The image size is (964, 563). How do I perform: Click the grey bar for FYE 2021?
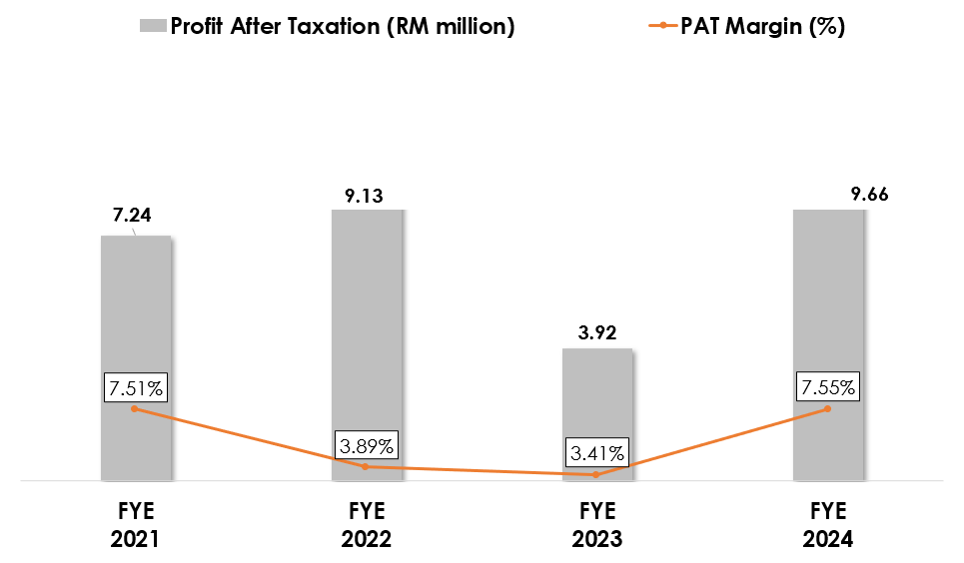point(135,319)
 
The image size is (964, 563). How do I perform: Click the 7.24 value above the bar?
point(132,216)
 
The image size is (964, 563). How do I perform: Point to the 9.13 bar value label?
point(366,196)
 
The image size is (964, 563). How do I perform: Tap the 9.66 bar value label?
point(869,194)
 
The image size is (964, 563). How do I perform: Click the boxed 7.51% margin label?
point(134,387)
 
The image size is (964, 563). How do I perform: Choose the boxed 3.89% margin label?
point(365,445)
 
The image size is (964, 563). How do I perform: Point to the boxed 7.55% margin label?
point(826,387)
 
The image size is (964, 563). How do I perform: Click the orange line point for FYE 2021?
point(134,408)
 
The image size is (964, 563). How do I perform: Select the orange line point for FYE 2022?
point(365,466)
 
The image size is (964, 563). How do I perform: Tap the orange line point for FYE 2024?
point(827,408)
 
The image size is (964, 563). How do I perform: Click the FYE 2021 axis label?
point(135,526)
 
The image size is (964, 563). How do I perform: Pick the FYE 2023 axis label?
point(596,526)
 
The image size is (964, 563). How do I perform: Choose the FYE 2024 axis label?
point(827,526)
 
